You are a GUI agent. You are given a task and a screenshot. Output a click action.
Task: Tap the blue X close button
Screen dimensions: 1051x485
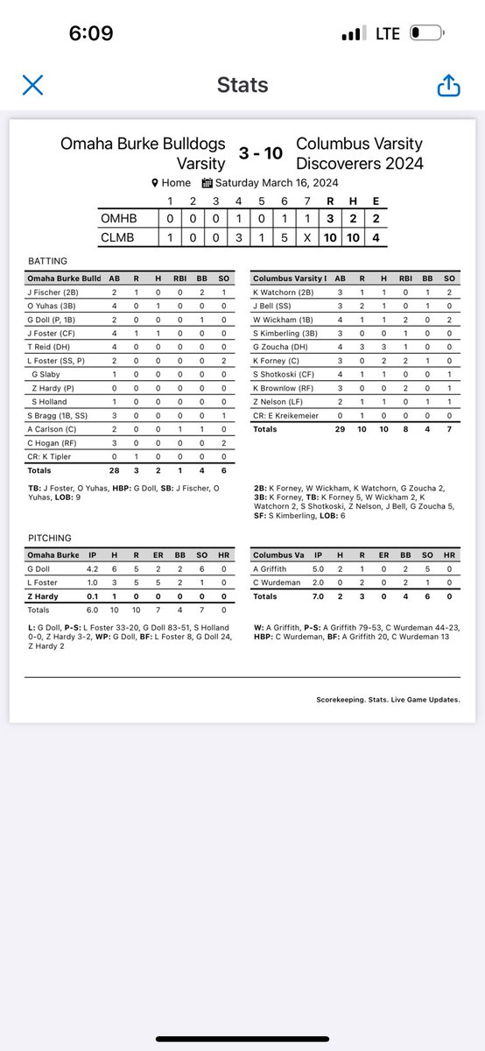pos(32,85)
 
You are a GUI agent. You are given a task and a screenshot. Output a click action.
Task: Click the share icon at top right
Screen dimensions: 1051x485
pos(447,85)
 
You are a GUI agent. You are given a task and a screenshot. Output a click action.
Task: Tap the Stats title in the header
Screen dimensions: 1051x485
pos(242,86)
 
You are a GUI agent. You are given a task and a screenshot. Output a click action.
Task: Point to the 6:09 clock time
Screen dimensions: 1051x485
pos(91,33)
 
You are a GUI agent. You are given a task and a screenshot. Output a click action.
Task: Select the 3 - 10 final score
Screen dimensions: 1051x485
pos(261,153)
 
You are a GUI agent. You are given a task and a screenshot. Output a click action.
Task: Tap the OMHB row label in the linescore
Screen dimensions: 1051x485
pos(120,217)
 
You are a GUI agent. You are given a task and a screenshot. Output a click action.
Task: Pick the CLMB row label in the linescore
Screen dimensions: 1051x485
pos(120,236)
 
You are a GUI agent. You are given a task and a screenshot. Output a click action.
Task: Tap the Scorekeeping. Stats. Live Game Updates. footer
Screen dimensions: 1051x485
pos(388,700)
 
